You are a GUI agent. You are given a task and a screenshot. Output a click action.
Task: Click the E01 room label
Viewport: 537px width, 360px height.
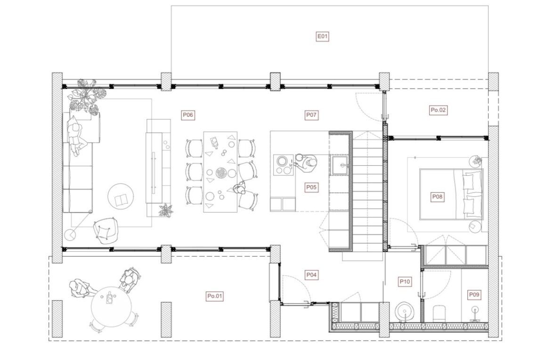point(322,36)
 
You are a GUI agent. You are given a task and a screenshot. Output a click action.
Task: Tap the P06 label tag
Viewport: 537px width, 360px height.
point(187,115)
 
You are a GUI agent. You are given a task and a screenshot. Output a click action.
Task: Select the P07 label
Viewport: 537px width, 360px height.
point(311,115)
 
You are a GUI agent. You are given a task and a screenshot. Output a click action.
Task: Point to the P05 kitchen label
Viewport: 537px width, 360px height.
point(311,188)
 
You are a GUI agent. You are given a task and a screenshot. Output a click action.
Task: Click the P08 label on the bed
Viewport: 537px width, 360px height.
point(437,196)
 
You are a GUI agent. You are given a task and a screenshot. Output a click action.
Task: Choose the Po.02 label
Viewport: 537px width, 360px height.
point(438,110)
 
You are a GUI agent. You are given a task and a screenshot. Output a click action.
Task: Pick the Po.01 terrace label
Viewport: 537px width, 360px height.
point(215,296)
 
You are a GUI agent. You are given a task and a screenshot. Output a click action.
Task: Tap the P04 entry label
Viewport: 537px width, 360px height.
point(311,275)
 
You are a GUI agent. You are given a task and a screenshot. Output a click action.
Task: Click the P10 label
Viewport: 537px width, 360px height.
point(405,282)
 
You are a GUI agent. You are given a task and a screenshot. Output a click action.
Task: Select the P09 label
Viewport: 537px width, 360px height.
point(474,295)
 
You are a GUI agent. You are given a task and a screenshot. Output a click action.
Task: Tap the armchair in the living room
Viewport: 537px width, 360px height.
point(106,230)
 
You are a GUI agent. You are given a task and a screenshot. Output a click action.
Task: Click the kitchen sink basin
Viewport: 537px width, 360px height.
point(340,165)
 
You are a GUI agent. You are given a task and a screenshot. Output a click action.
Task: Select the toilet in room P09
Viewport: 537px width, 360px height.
point(439,313)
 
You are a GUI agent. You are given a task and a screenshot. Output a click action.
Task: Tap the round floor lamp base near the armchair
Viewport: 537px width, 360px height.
point(71,235)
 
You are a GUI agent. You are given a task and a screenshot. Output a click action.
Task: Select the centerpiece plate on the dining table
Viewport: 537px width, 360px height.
point(220,172)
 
